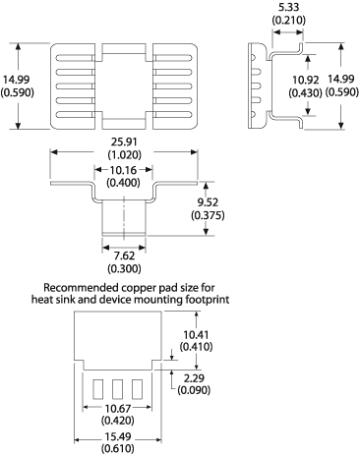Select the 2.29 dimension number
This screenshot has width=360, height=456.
point(194,377)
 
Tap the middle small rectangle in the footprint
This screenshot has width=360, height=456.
point(123,387)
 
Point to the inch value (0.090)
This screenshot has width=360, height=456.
point(194,390)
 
